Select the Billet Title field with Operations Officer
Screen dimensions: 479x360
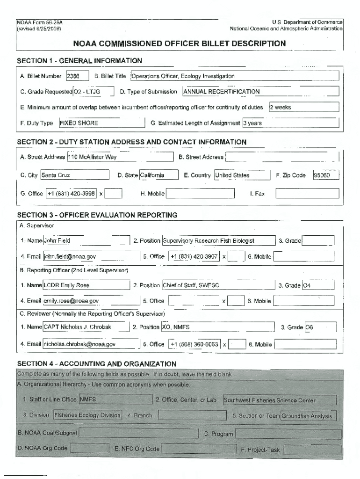pyautogui.click(x=234, y=76)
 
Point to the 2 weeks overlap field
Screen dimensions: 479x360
pyautogui.click(x=303, y=107)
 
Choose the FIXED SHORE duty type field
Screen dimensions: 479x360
pyautogui.click(x=101, y=123)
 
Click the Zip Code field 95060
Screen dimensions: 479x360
pyautogui.click(x=325, y=175)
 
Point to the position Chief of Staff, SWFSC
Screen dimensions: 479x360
pyautogui.click(x=217, y=285)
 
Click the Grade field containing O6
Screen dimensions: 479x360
pyautogui.click(x=320, y=327)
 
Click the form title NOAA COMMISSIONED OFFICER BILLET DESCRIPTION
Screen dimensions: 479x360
pyautogui.click(x=180, y=44)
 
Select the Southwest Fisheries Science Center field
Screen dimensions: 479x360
pyautogui.click(x=280, y=400)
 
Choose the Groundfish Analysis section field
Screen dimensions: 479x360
pyautogui.click(x=308, y=416)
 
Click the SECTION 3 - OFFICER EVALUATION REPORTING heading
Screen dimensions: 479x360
pyautogui.click(x=97, y=215)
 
